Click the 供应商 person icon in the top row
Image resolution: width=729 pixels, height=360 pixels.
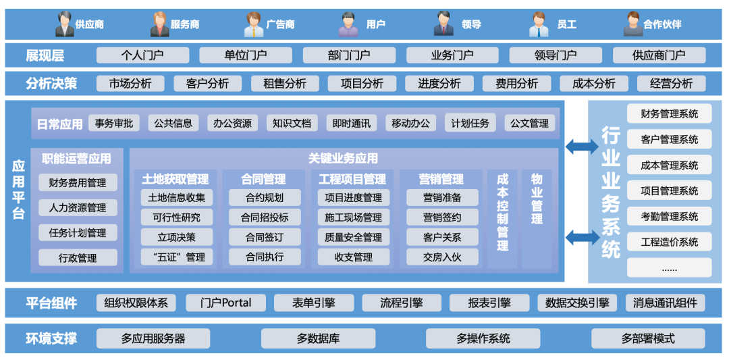pos(65,24)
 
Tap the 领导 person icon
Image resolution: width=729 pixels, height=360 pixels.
pos(443,24)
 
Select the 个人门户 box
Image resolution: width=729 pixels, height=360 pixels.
pos(142,55)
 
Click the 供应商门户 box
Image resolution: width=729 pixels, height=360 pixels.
pos(659,55)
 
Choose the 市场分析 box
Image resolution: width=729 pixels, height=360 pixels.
pos(130,83)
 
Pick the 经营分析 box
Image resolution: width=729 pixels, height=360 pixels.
pos(671,83)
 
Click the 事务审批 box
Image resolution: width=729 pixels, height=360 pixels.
pos(113,123)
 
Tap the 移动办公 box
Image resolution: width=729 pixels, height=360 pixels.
pos(410,123)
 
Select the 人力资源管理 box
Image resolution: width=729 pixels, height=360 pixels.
pos(78,207)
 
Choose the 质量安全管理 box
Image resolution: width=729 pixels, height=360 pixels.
pos(353,237)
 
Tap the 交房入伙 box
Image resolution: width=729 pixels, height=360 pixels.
pos(442,257)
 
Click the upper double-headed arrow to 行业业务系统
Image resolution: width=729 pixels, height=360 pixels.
pos(581,146)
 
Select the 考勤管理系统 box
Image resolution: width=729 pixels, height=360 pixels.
pos(669,216)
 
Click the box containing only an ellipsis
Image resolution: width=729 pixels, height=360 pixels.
pos(669,267)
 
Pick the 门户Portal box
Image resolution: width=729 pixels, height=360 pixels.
pos(225,303)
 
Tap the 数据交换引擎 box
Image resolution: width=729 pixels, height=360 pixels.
pos(577,303)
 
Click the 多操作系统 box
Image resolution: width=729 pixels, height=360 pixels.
pos(483,338)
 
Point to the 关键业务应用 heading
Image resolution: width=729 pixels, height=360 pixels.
pos(343,159)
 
